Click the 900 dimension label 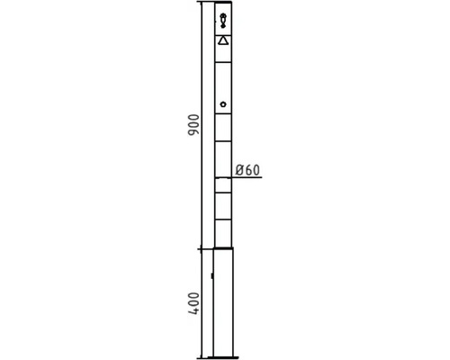pyautogui.click(x=193, y=125)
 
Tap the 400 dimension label pyautogui.click(x=193, y=303)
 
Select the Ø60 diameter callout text pyautogui.click(x=247, y=170)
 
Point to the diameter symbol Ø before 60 pyautogui.click(x=239, y=170)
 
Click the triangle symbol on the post pyautogui.click(x=223, y=40)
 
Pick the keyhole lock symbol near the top pyautogui.click(x=223, y=21)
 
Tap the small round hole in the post pyautogui.click(x=223, y=104)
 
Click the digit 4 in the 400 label pyautogui.click(x=193, y=310)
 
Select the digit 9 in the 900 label pyautogui.click(x=193, y=132)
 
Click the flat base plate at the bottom pyautogui.click(x=223, y=357)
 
